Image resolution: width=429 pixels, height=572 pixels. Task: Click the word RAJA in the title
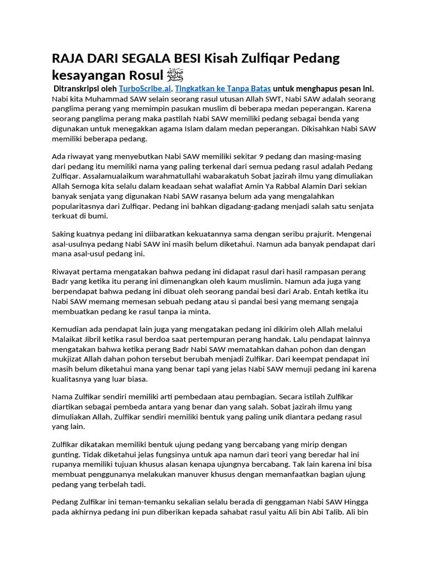(68, 58)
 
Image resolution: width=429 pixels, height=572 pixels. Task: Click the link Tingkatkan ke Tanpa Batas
(223, 88)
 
